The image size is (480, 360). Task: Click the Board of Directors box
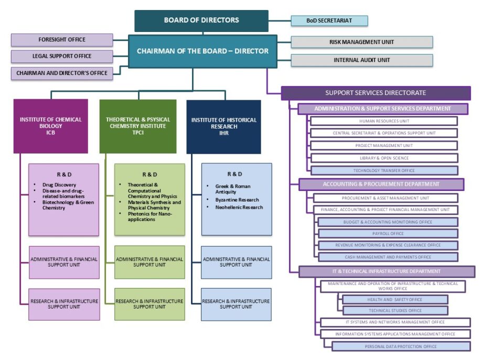201,20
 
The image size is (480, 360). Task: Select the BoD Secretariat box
329,21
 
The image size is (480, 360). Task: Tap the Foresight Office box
62,40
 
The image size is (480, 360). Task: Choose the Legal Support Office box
62,56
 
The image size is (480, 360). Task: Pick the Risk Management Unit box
362,42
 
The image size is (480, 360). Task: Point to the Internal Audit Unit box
362,60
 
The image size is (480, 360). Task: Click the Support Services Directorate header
376,93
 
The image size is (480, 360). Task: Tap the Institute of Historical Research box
223,126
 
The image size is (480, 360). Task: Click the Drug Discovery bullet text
59,185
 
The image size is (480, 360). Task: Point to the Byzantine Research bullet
238,200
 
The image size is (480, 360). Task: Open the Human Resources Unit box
383,121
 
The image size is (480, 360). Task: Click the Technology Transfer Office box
383,171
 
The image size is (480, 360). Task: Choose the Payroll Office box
388,234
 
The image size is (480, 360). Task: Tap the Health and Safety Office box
394,300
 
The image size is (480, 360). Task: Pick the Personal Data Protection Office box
401,346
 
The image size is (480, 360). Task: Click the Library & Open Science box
383,158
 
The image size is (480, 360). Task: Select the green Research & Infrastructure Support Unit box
150,304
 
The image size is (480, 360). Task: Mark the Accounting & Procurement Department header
381,185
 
